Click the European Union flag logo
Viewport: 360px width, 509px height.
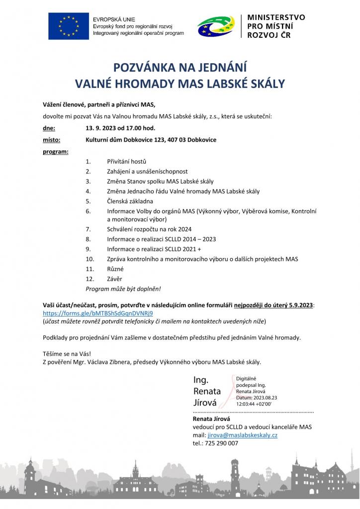69,25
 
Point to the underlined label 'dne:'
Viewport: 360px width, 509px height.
49,128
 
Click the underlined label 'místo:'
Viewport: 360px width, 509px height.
51,140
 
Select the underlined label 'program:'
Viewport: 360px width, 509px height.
56,151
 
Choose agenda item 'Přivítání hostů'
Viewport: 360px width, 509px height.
126,162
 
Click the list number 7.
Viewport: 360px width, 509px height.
88,229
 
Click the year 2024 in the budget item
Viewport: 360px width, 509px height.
183,229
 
